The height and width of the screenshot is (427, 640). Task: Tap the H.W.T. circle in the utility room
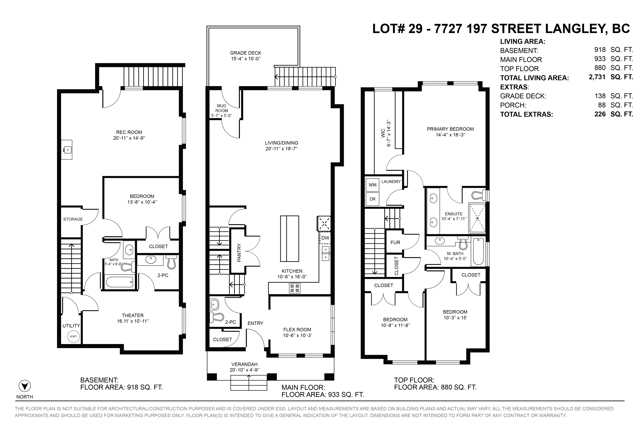point(73,336)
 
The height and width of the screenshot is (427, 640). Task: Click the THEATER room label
point(133,315)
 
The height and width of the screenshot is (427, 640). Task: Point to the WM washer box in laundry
point(373,185)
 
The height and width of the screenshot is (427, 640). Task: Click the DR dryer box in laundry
point(373,199)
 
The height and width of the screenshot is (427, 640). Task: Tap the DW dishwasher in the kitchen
point(325,238)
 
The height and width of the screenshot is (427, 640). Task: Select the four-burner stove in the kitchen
point(295,288)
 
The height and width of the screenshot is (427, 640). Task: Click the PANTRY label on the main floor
point(239,253)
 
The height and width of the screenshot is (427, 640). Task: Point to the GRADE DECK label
point(246,53)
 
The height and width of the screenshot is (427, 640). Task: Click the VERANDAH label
point(244,364)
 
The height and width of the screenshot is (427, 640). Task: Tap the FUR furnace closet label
point(395,242)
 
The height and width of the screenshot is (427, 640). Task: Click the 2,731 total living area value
point(597,77)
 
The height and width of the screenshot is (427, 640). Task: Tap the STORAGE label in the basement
point(73,219)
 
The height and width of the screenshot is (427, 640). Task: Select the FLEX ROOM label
point(297,330)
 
